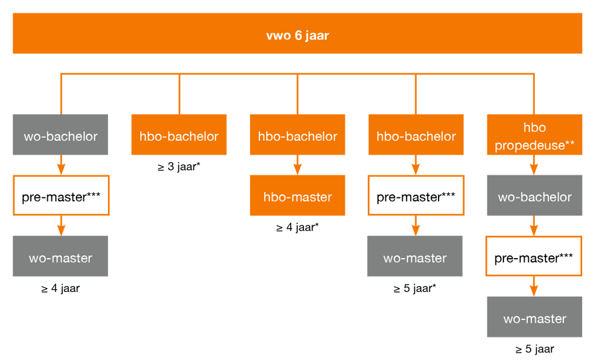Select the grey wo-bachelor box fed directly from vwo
coord(61,136)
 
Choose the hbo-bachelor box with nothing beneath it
coord(179,136)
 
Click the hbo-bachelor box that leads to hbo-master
coord(297,136)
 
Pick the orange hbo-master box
coord(297,197)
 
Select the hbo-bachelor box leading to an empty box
coord(415,136)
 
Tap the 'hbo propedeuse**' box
coord(535,136)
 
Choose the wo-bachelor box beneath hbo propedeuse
coord(535,197)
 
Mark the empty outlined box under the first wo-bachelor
coord(61,195)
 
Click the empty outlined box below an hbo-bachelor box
coord(415,195)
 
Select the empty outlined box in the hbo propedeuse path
coord(535,256)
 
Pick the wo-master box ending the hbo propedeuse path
coord(535,318)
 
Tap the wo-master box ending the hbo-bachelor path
coord(415,257)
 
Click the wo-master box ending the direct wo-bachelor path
coord(61,257)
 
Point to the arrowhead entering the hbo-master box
coord(297,169)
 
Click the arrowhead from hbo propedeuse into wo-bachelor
coord(535,169)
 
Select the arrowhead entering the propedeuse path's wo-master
coord(535,291)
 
